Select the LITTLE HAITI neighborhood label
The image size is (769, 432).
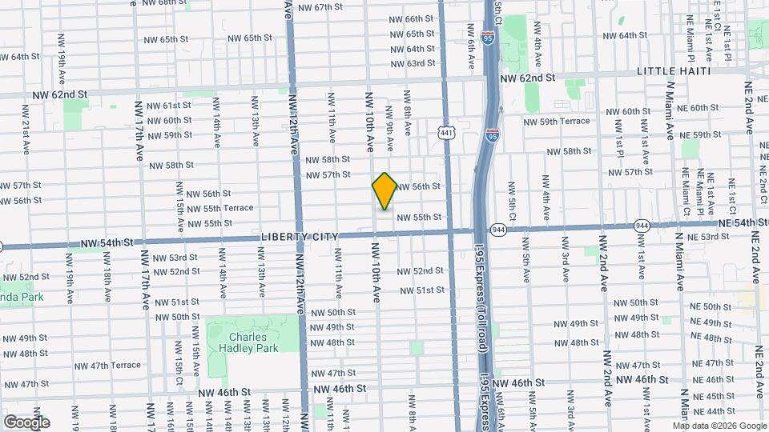pyautogui.click(x=674, y=71)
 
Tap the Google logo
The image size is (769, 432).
pyautogui.click(x=26, y=422)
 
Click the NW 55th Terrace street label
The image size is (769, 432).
pyautogui.click(x=219, y=208)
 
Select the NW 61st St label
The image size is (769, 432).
pyautogui.click(x=166, y=106)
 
